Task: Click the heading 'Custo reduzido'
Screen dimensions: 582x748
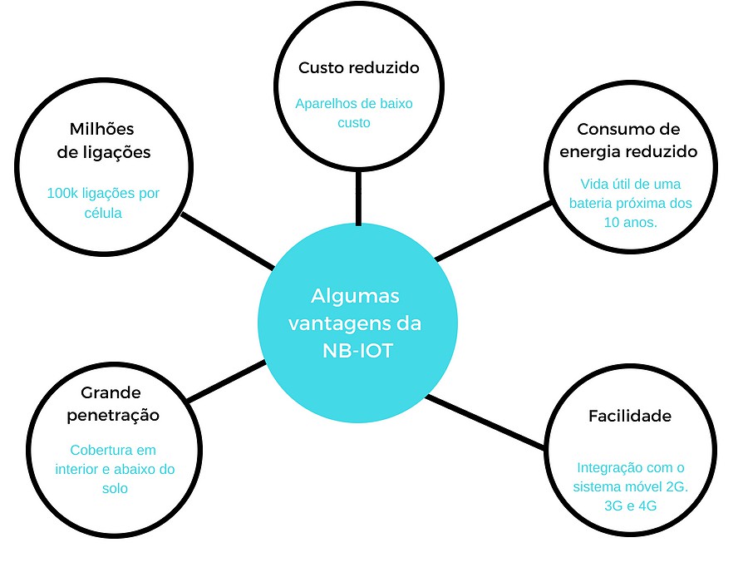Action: [359, 68]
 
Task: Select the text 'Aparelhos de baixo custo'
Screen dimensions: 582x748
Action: [354, 113]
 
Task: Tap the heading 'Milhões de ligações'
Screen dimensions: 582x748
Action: [103, 141]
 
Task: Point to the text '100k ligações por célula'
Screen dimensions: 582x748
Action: [103, 203]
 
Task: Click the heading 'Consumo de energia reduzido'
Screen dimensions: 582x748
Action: [628, 141]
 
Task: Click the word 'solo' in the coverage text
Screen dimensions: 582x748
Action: [115, 489]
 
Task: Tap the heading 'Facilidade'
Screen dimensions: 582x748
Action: [629, 416]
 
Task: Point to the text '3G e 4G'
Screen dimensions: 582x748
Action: [629, 505]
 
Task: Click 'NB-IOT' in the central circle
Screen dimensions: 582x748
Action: [357, 350]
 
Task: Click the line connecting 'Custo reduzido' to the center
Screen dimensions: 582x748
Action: [358, 198]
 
